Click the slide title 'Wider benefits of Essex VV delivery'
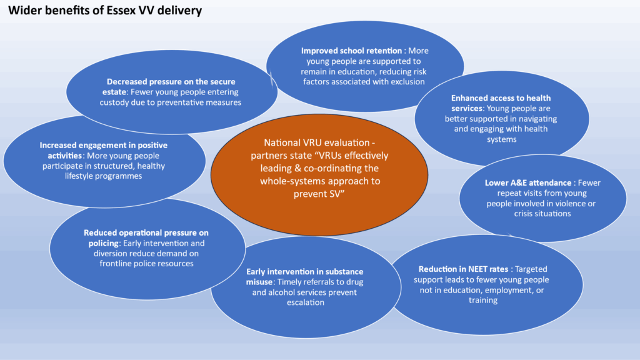pos(104,11)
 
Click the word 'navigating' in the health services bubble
pos(535,119)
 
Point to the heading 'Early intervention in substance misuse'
pos(304,276)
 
